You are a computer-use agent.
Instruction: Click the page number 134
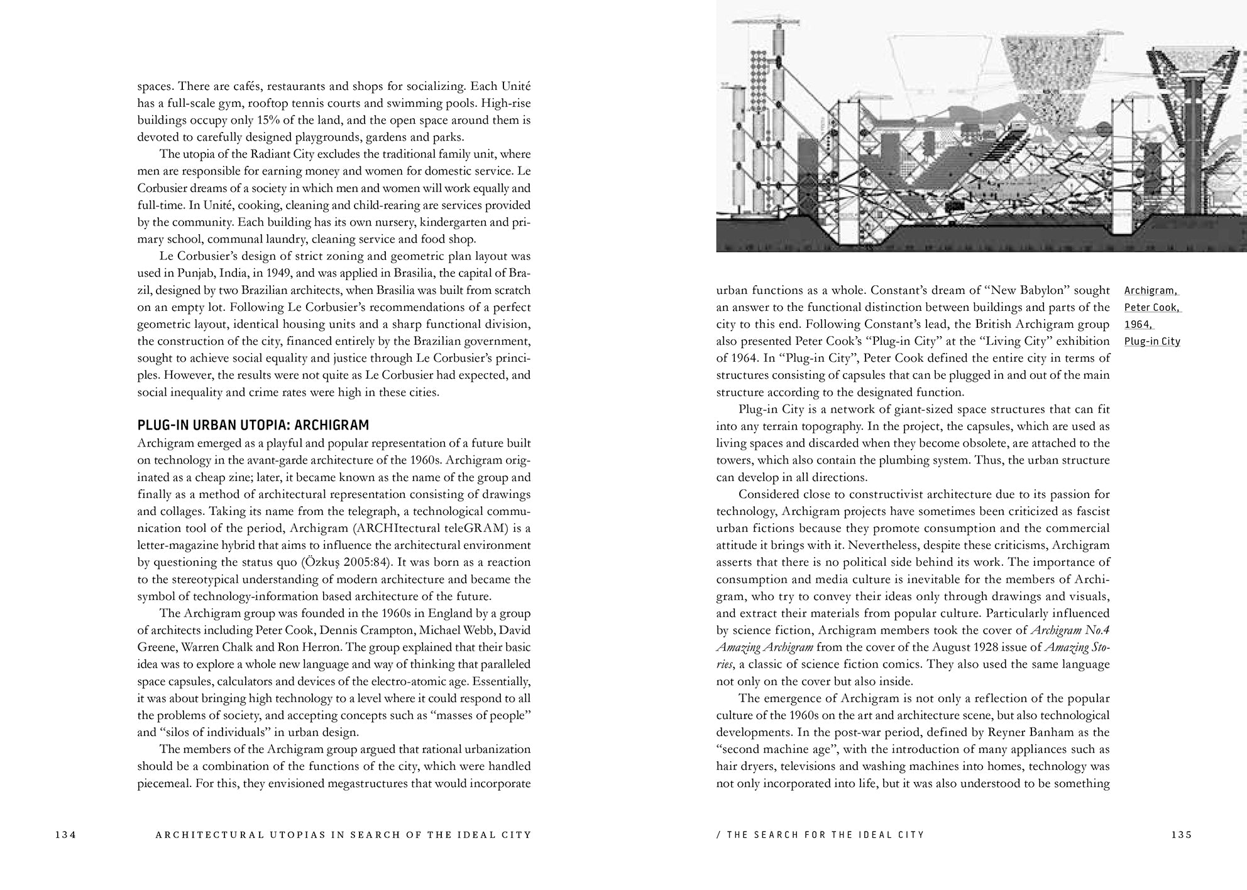coord(65,835)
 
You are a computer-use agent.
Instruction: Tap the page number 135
coord(1182,835)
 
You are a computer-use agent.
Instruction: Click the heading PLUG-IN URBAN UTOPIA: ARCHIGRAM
coord(253,425)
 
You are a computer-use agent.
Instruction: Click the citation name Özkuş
coord(321,562)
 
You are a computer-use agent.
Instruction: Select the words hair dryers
coord(745,766)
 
